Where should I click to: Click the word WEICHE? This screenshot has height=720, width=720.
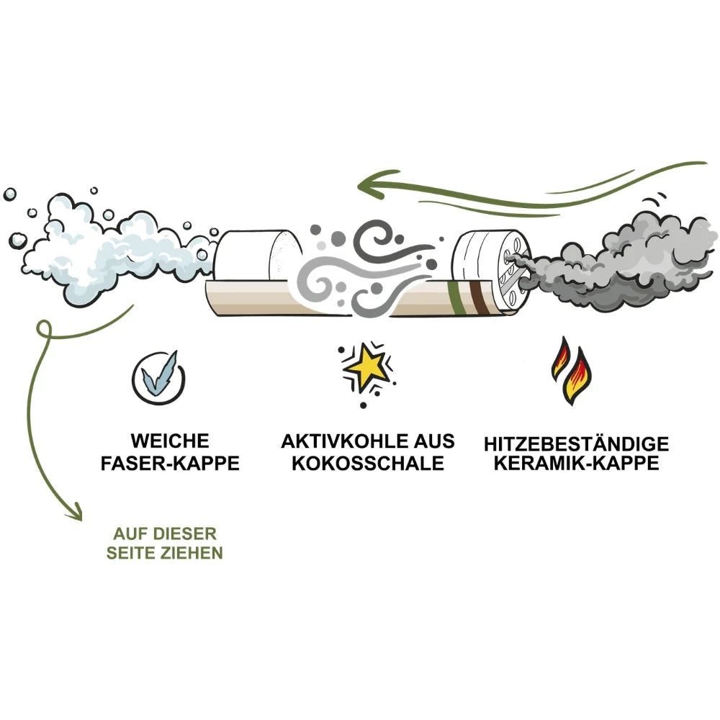coord(170,441)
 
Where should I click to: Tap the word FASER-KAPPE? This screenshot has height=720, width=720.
coord(170,463)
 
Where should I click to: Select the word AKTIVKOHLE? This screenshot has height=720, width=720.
coord(345,441)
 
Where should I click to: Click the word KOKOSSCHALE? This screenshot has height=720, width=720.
coord(368,463)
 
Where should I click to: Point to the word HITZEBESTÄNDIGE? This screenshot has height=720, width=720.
coord(576,444)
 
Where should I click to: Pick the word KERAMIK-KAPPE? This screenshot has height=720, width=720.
coord(576,463)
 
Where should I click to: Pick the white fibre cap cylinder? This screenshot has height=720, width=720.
coord(257,255)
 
